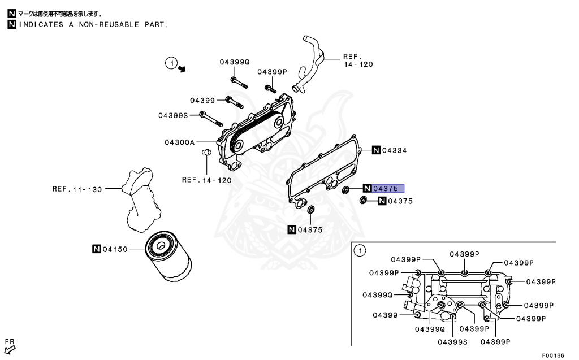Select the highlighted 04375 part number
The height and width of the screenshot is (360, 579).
(388, 189)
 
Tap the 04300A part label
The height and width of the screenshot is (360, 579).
(180, 142)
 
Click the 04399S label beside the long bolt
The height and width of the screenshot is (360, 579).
(172, 115)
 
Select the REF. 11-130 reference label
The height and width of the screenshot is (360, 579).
(77, 189)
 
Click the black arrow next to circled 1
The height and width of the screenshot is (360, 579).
(182, 69)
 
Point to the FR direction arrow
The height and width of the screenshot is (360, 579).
(10, 348)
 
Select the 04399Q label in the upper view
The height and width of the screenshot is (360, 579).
(234, 62)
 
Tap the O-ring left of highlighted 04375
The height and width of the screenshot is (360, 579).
(345, 189)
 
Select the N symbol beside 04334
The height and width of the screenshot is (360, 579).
(375, 150)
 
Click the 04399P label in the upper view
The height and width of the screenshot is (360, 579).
(273, 72)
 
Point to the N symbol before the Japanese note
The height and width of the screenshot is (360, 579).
(11, 13)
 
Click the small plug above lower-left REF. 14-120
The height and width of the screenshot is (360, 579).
(206, 152)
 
